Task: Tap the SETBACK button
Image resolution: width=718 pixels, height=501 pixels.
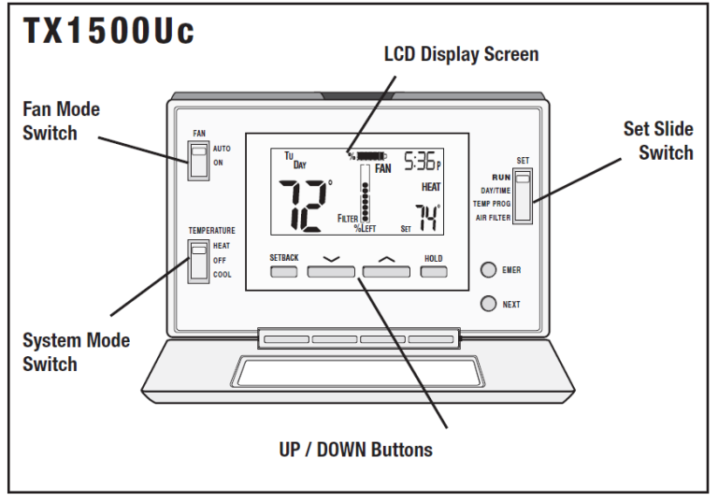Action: [x=284, y=272]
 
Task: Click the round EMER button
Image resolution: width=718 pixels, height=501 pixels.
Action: [x=488, y=270]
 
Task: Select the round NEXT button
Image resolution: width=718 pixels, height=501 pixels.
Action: [x=488, y=304]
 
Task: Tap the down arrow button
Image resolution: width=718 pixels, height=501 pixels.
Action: [x=331, y=272]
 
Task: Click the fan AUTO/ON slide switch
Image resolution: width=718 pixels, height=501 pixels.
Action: [x=199, y=160]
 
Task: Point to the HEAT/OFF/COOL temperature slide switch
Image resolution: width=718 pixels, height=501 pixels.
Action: [x=198, y=261]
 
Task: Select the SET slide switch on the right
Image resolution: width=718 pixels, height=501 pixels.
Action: [x=523, y=194]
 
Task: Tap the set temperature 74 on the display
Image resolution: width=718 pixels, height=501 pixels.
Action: [x=426, y=219]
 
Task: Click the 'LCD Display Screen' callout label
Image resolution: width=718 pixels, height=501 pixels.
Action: [x=461, y=54]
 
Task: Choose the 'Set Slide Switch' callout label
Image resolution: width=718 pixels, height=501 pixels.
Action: [x=658, y=140]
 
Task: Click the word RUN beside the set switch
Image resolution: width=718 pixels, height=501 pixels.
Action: [x=500, y=176]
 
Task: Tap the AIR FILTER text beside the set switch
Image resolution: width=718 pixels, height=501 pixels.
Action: [x=492, y=218]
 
